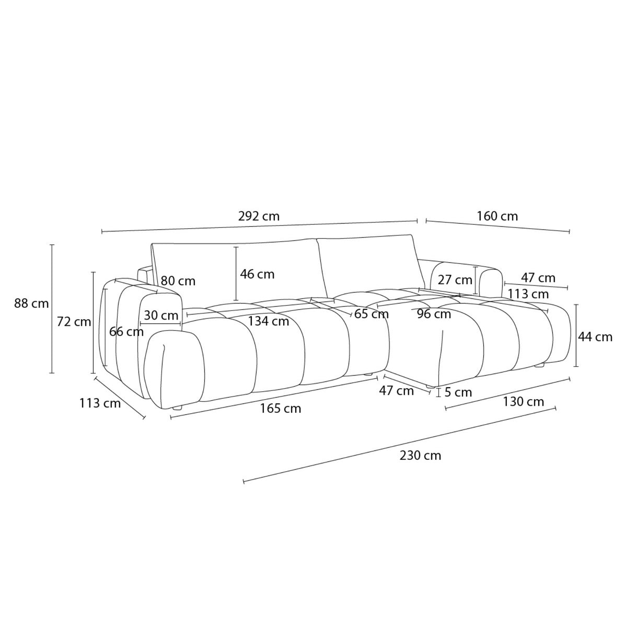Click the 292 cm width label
pyautogui.click(x=259, y=216)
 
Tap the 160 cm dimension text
pyautogui.click(x=497, y=216)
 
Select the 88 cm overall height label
pyautogui.click(x=31, y=304)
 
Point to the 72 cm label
pyautogui.click(x=74, y=322)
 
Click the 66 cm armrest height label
pyautogui.click(x=126, y=332)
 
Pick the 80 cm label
pyautogui.click(x=178, y=281)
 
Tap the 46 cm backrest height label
pyautogui.click(x=257, y=274)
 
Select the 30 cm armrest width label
pyautogui.click(x=161, y=315)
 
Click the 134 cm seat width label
pyautogui.click(x=269, y=321)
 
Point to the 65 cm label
pyautogui.click(x=371, y=314)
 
